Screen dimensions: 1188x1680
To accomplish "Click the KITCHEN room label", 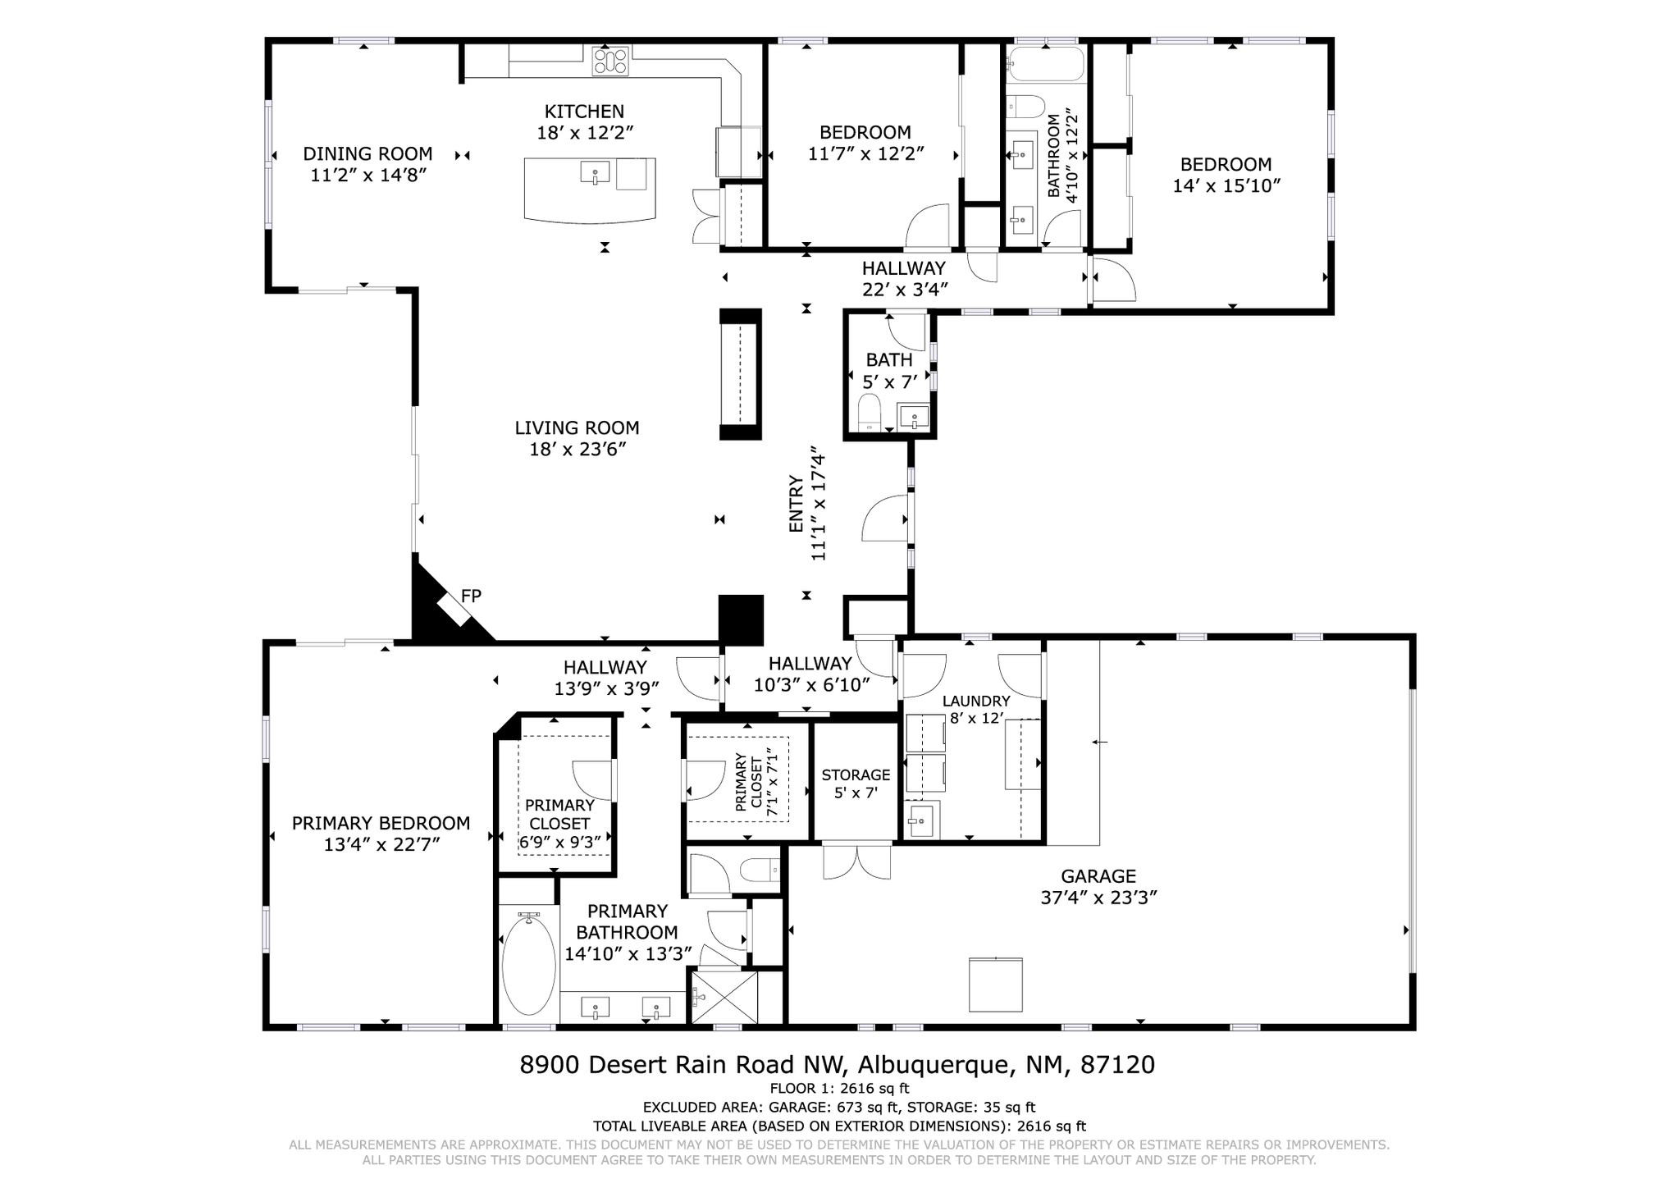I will [584, 112].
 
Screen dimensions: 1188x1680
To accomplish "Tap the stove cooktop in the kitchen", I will [610, 62].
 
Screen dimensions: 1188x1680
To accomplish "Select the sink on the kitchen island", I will [595, 173].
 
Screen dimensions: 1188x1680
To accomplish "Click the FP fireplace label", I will [471, 596].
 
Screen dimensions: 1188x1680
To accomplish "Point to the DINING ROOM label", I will [367, 154].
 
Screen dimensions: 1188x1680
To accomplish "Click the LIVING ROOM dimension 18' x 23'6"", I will [577, 450].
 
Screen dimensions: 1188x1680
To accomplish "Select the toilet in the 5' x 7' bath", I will [869, 409].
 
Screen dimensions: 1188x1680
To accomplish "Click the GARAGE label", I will [1098, 876].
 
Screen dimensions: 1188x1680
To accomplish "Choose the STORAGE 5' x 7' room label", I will [856, 775].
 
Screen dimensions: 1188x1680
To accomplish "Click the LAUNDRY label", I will [975, 701].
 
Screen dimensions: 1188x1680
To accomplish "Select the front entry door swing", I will [884, 519].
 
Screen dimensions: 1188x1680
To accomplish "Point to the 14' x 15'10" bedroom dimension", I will [1226, 186].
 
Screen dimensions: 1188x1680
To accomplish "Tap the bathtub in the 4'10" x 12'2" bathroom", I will [1046, 64].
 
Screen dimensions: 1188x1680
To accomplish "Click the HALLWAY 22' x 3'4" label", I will [903, 268].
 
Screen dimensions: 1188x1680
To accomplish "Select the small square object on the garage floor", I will [995, 985].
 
